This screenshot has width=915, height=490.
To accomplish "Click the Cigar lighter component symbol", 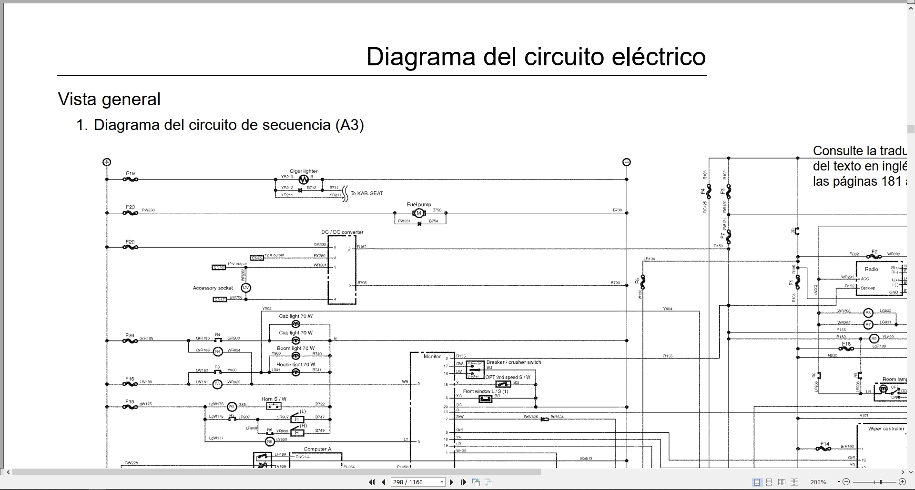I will point(304,180).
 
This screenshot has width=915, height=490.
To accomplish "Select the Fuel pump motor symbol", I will point(419,213).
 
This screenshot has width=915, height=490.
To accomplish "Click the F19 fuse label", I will point(130,174).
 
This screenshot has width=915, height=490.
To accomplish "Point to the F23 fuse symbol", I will point(130,213).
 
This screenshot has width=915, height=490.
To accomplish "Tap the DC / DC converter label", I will point(342,232).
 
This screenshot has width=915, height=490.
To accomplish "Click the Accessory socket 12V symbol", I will point(245,288).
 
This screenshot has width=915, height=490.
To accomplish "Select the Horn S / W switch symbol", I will point(274,406).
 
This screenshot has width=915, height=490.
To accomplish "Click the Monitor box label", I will point(432,356).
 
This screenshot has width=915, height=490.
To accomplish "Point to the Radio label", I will point(871,269).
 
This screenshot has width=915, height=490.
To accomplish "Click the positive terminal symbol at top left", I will point(107,162).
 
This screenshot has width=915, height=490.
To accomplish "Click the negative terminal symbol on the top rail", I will point(627,162).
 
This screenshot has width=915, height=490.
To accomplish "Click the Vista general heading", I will point(109,100).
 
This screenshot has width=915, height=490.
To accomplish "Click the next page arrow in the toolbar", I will point(452,482).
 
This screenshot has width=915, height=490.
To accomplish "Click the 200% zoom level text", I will point(818,482).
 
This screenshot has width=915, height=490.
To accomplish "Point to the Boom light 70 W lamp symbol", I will point(295,356).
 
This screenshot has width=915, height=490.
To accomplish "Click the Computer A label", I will point(317,449).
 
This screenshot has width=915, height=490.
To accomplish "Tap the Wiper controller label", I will point(886,429).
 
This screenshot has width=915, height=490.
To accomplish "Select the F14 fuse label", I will point(825,444).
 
